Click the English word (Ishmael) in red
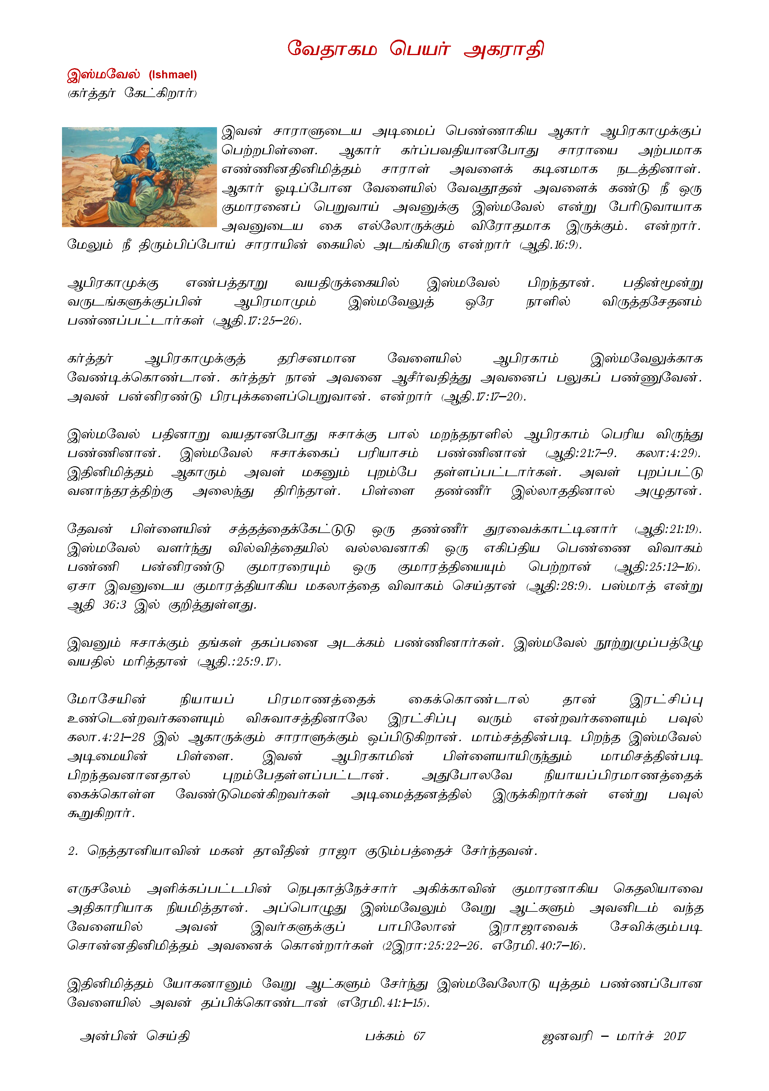[173, 75]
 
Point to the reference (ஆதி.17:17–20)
[484, 397]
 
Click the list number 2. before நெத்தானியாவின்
[72, 851]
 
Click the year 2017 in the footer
[674, 1036]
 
